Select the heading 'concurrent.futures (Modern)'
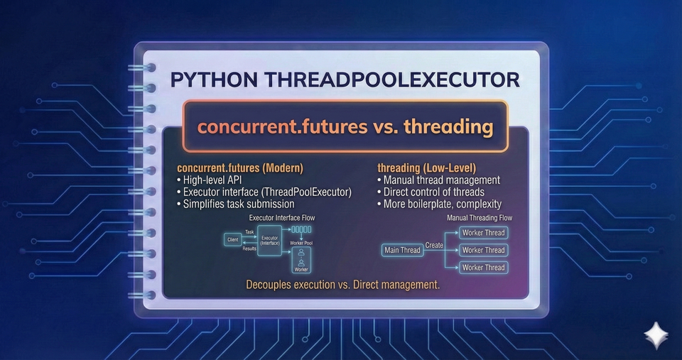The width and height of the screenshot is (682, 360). click(240, 168)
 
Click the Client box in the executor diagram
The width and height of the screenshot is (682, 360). click(232, 240)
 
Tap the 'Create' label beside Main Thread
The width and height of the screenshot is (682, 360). click(434, 245)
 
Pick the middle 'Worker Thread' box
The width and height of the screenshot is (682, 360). click(483, 250)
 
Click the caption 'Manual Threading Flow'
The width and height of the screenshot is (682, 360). click(480, 218)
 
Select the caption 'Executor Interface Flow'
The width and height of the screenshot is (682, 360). click(282, 217)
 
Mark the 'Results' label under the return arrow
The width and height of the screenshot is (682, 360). click(250, 249)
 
